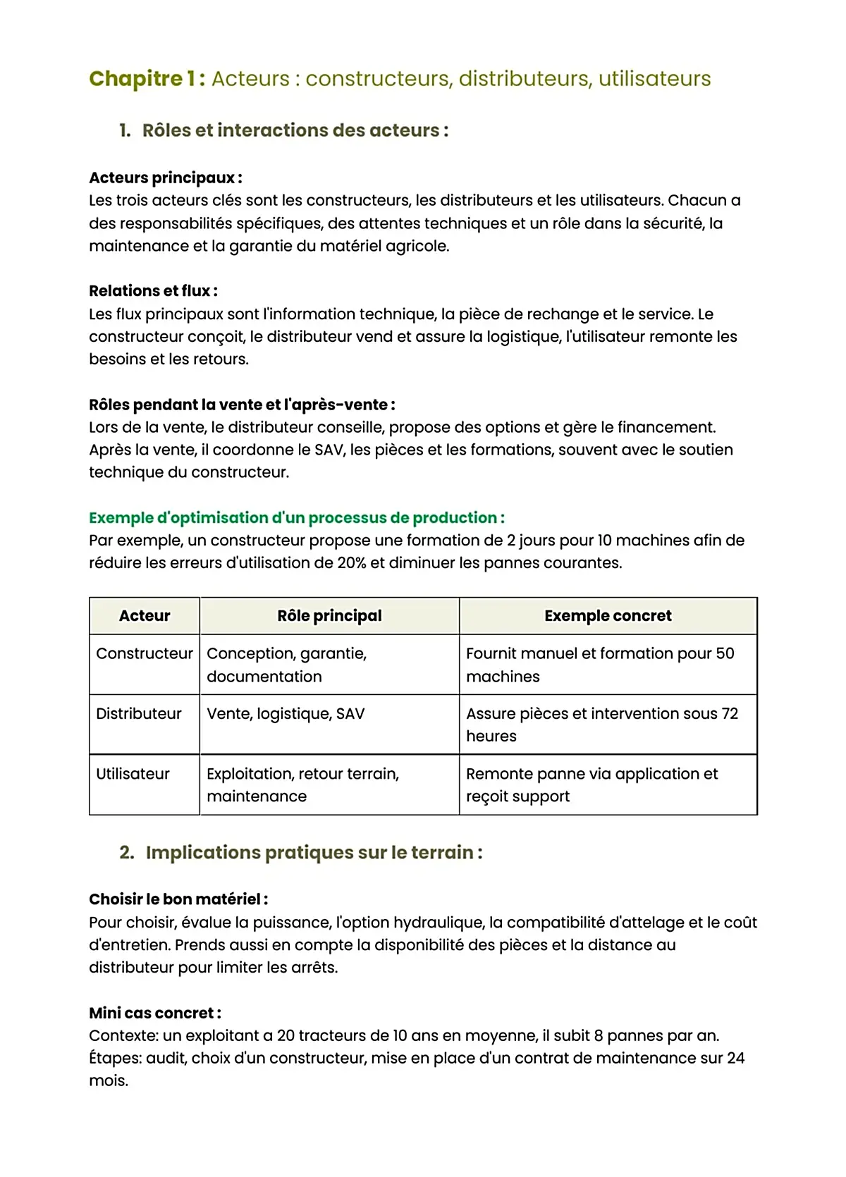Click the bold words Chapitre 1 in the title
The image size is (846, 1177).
click(147, 78)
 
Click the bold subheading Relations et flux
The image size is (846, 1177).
click(153, 291)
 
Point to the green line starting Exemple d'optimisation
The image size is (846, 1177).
click(296, 518)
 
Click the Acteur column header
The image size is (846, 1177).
click(145, 616)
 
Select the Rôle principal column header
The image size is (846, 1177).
click(329, 616)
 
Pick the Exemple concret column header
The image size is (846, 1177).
click(608, 616)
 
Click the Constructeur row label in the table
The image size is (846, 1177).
click(145, 653)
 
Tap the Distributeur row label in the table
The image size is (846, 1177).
click(139, 713)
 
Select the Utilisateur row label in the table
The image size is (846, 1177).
click(133, 774)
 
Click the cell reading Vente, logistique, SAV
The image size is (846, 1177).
click(286, 713)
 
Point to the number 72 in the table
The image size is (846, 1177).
click(730, 713)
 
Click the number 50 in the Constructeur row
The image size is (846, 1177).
click(725, 653)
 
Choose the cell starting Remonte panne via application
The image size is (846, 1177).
click(592, 784)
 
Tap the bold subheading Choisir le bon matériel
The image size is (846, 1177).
click(178, 899)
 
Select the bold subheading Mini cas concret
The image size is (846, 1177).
click(154, 1013)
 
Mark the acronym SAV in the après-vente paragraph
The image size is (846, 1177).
click(329, 450)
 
